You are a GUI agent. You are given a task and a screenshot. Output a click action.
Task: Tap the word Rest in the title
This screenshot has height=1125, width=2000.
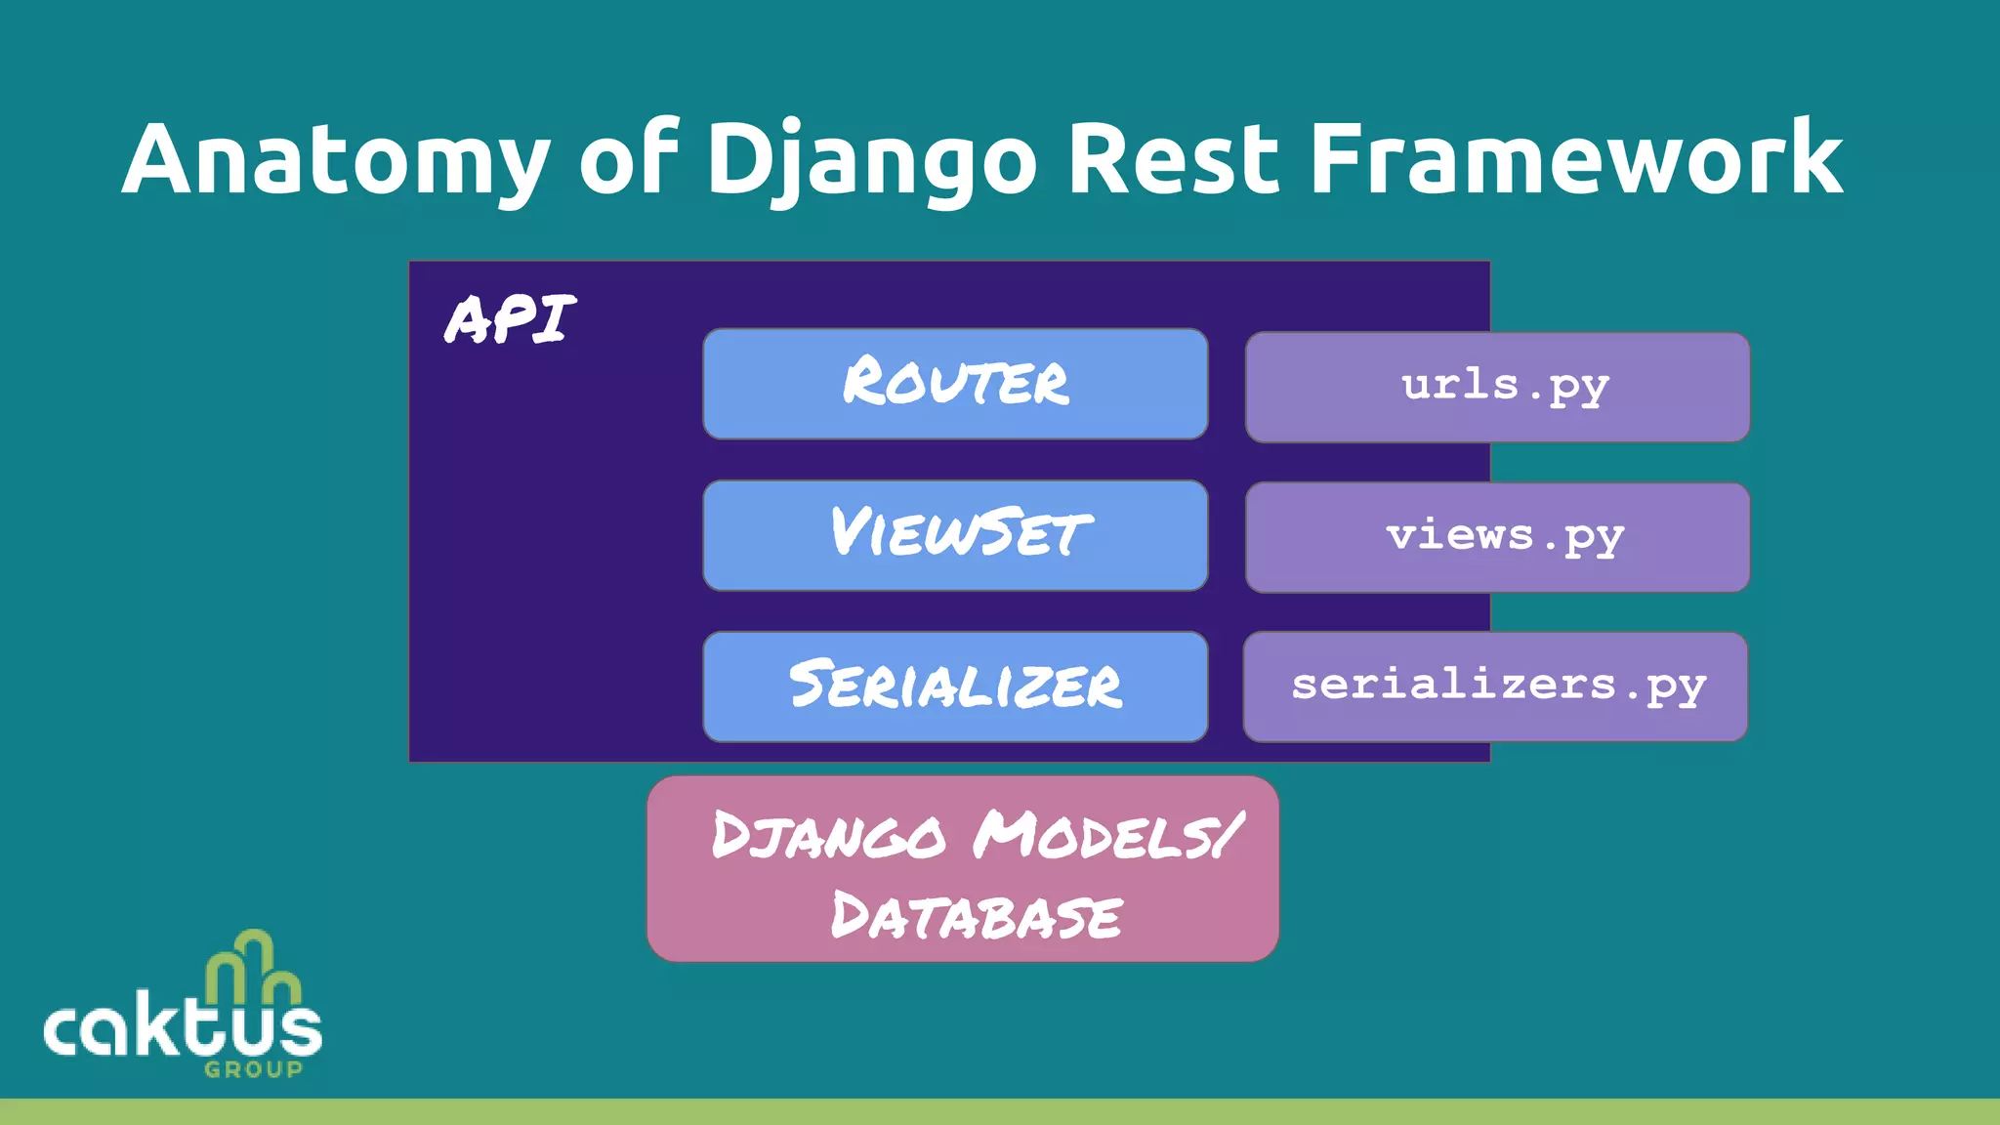point(1173,158)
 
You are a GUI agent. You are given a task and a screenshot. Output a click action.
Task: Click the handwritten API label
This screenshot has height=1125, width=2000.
point(510,318)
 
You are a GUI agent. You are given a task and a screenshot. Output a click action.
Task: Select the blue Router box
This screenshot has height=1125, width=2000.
point(955,384)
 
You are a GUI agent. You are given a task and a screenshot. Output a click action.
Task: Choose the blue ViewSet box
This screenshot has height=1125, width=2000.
point(955,535)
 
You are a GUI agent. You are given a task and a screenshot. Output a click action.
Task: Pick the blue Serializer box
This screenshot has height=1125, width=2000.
point(955,687)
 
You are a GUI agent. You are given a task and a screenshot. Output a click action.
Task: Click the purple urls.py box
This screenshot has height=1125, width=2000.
point(1497,387)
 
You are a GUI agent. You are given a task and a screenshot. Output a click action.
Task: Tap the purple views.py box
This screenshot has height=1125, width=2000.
point(1497,537)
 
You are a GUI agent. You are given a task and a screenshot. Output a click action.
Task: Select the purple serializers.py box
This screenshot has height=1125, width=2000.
point(1495,687)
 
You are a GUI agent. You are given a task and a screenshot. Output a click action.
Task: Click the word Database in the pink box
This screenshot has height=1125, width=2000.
point(976,917)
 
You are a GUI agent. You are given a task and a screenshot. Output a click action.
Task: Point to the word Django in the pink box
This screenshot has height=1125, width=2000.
point(828,836)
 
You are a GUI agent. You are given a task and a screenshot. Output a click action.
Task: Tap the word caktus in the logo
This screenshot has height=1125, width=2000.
point(183,1027)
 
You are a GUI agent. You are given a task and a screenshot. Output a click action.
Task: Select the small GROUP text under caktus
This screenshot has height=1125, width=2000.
point(253,1069)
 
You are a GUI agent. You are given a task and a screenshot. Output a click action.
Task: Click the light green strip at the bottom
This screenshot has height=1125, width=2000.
point(1000,1111)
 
